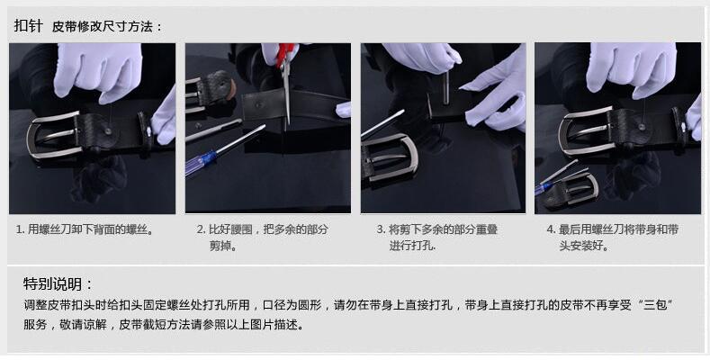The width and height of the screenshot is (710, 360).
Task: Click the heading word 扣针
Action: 27,26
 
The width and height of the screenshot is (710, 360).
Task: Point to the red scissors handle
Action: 286,54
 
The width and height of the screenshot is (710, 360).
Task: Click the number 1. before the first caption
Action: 21,229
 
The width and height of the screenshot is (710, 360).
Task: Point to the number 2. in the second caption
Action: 201,229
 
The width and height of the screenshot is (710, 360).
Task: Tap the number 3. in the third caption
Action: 381,229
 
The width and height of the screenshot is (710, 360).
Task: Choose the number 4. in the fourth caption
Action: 551,229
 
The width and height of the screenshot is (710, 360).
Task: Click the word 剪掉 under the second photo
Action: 221,245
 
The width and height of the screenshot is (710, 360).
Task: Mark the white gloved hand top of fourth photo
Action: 630,67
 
